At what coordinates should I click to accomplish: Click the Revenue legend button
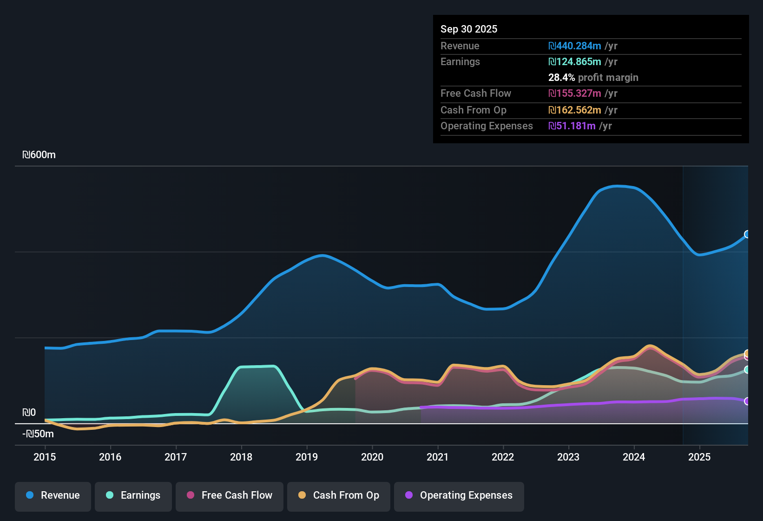point(53,495)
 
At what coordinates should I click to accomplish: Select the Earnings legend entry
point(133,495)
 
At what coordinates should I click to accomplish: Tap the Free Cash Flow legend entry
point(230,495)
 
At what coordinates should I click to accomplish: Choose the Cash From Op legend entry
point(339,495)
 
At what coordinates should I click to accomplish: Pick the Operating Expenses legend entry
point(459,495)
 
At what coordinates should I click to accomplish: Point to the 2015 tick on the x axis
point(45,457)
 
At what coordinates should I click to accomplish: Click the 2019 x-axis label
point(307,457)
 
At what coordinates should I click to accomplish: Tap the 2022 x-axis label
point(503,457)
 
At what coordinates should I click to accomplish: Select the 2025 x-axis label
point(699,457)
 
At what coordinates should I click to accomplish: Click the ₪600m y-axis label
point(39,155)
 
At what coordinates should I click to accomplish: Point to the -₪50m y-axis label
point(38,434)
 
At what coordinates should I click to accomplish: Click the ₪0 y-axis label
point(29,413)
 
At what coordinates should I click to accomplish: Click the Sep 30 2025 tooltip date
point(469,29)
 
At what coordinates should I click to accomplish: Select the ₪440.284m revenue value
point(575,46)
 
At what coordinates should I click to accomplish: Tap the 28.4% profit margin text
point(593,78)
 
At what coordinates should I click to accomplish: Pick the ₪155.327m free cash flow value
point(575,94)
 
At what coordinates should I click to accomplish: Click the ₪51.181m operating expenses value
point(572,126)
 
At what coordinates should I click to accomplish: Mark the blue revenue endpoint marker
point(747,234)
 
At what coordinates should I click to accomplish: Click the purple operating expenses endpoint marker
point(747,401)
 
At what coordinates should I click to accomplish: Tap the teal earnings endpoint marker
point(747,370)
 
